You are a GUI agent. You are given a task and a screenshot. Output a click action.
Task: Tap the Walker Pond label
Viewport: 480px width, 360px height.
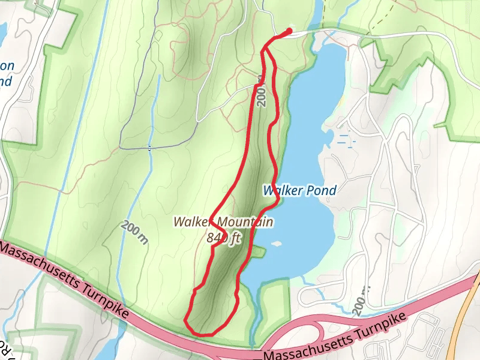tap(299, 190)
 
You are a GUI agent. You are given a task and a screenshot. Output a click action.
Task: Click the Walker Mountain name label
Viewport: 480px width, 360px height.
tap(223, 222)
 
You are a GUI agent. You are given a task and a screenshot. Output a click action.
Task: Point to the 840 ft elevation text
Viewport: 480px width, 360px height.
tap(223, 238)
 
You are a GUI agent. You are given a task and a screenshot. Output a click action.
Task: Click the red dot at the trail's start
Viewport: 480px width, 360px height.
tap(289, 31)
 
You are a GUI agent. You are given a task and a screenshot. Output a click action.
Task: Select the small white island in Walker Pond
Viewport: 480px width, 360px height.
tap(277, 244)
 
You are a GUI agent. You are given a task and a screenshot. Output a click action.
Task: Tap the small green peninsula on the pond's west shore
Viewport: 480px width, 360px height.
tap(259, 252)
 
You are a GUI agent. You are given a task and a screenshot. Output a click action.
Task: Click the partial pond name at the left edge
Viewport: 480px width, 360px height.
tap(6, 73)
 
